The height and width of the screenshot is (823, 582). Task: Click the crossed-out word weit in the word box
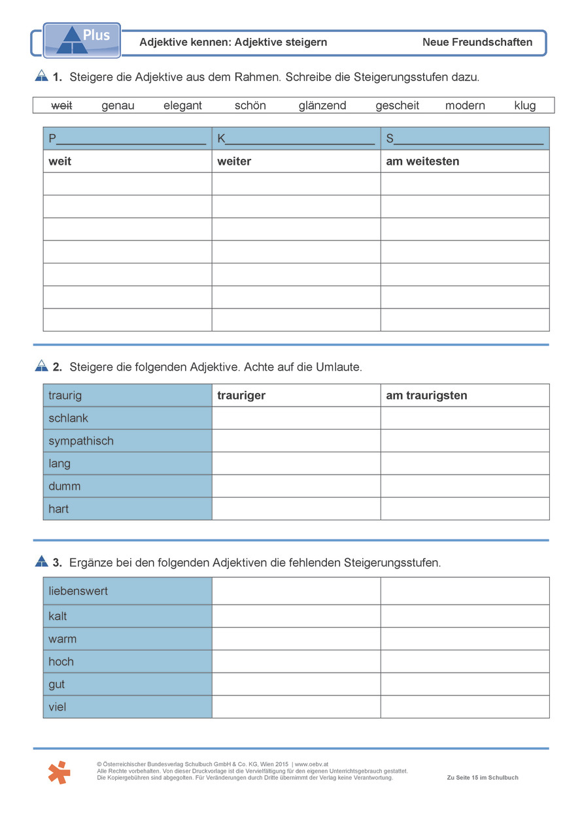[x=61, y=105]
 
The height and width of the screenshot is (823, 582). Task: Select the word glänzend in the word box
[x=322, y=105]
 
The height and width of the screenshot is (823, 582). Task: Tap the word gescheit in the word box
[x=397, y=105]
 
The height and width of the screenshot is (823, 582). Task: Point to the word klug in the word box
[x=524, y=105]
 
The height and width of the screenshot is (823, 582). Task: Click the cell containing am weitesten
[x=464, y=161]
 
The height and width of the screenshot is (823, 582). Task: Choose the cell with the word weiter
[x=296, y=161]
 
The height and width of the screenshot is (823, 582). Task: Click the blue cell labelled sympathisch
[x=128, y=441]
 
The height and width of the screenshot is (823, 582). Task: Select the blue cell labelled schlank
[x=128, y=418]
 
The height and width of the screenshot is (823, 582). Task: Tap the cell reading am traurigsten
[x=464, y=395]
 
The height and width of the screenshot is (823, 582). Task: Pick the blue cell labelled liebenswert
[x=128, y=591]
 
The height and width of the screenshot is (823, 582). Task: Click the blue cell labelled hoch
[x=128, y=662]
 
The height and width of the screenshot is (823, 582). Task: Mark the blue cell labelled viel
[x=128, y=707]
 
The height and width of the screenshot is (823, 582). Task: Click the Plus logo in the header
[x=82, y=40]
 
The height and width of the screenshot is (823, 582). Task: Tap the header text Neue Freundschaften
[x=477, y=42]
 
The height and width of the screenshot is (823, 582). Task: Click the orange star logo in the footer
[x=59, y=773]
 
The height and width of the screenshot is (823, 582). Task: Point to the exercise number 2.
[x=58, y=367]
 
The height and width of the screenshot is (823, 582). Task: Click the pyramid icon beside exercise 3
[x=41, y=561]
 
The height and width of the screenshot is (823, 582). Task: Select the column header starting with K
[x=296, y=139]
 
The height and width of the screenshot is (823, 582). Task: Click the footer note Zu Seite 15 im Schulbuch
[x=482, y=777]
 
